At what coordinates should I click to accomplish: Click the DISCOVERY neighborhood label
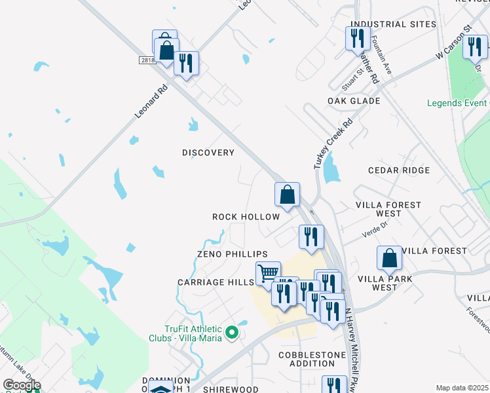click(208, 153)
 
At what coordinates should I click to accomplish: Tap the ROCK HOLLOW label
click(246, 217)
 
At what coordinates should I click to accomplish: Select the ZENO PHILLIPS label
click(233, 254)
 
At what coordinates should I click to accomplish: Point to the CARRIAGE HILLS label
click(216, 282)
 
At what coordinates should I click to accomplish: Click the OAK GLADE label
click(354, 101)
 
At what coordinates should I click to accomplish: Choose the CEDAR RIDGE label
click(399, 170)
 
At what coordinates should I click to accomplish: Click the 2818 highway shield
click(147, 60)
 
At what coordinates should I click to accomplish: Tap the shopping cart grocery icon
click(268, 272)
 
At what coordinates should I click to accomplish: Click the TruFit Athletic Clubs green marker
click(231, 334)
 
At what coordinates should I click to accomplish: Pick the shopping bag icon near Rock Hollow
click(287, 194)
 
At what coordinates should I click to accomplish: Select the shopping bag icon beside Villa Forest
click(390, 257)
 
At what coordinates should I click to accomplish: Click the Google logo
click(21, 385)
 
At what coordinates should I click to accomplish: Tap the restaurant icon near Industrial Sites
click(357, 37)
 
